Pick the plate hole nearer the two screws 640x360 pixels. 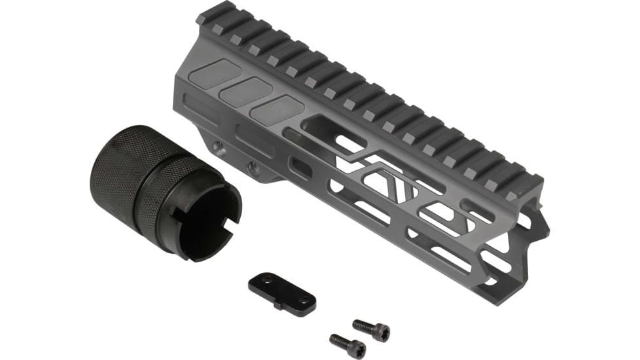coord(302,299)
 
